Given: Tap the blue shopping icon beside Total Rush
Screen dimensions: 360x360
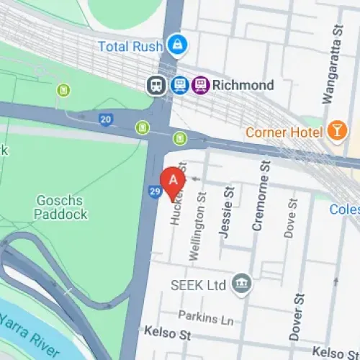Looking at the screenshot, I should pos(175,45).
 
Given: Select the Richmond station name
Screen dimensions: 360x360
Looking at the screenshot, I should pos(244,85).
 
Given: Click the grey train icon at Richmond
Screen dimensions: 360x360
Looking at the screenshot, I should pos(156,85).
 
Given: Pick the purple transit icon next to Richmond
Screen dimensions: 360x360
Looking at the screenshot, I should pos(201,85).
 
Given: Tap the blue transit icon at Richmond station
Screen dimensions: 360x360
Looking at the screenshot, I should pos(178,85).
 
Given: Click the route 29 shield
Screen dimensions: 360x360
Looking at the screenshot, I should pos(155,191).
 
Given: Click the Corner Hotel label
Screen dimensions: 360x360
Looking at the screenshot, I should pos(284,132).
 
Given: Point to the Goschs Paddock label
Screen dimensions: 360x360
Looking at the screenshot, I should pos(60,206).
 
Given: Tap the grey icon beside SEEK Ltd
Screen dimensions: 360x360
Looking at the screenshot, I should pos(243,284).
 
